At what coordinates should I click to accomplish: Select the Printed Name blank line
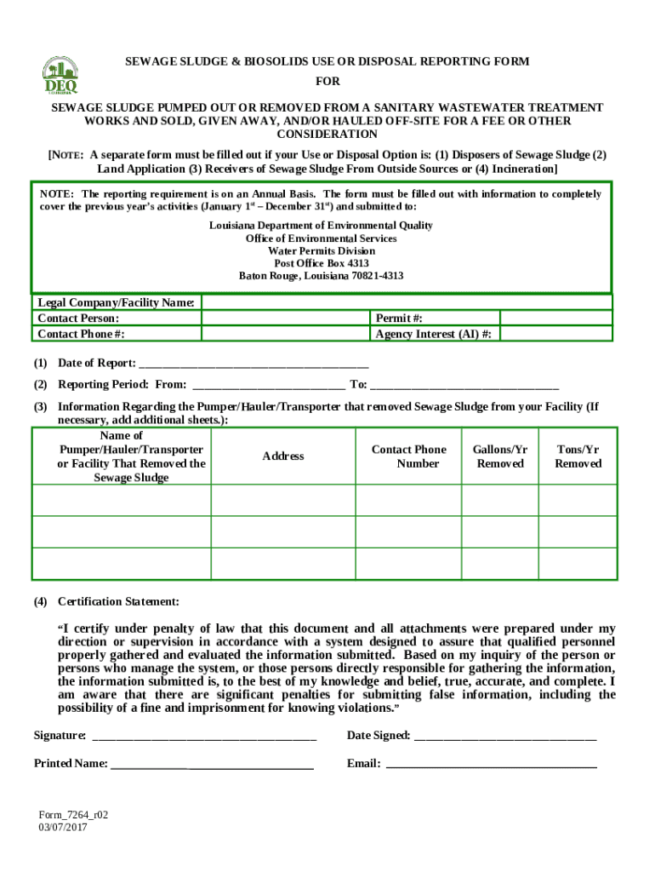[212, 765]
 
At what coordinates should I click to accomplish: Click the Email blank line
[491, 765]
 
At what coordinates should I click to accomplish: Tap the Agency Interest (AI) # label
[433, 335]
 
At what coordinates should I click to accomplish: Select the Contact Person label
[77, 318]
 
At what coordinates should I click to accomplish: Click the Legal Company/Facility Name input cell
[406, 302]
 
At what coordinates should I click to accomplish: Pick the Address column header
[283, 456]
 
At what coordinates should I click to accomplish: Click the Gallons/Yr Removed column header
[500, 456]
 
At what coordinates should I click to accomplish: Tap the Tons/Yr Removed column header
[578, 456]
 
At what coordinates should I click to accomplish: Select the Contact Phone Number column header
[408, 456]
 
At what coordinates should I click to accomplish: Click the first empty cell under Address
[283, 501]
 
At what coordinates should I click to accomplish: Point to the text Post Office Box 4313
[321, 264]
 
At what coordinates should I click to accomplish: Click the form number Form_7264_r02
[72, 815]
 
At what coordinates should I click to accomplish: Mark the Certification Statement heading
[118, 601]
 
